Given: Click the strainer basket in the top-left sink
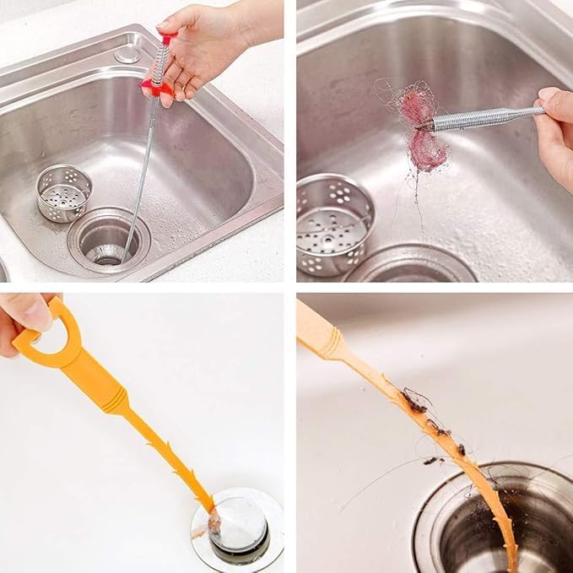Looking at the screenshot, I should [x=64, y=193].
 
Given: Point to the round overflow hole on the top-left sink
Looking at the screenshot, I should [x=127, y=53].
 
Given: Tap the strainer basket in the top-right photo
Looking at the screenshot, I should [x=333, y=224].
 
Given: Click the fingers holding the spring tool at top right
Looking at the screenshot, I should [x=554, y=127].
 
